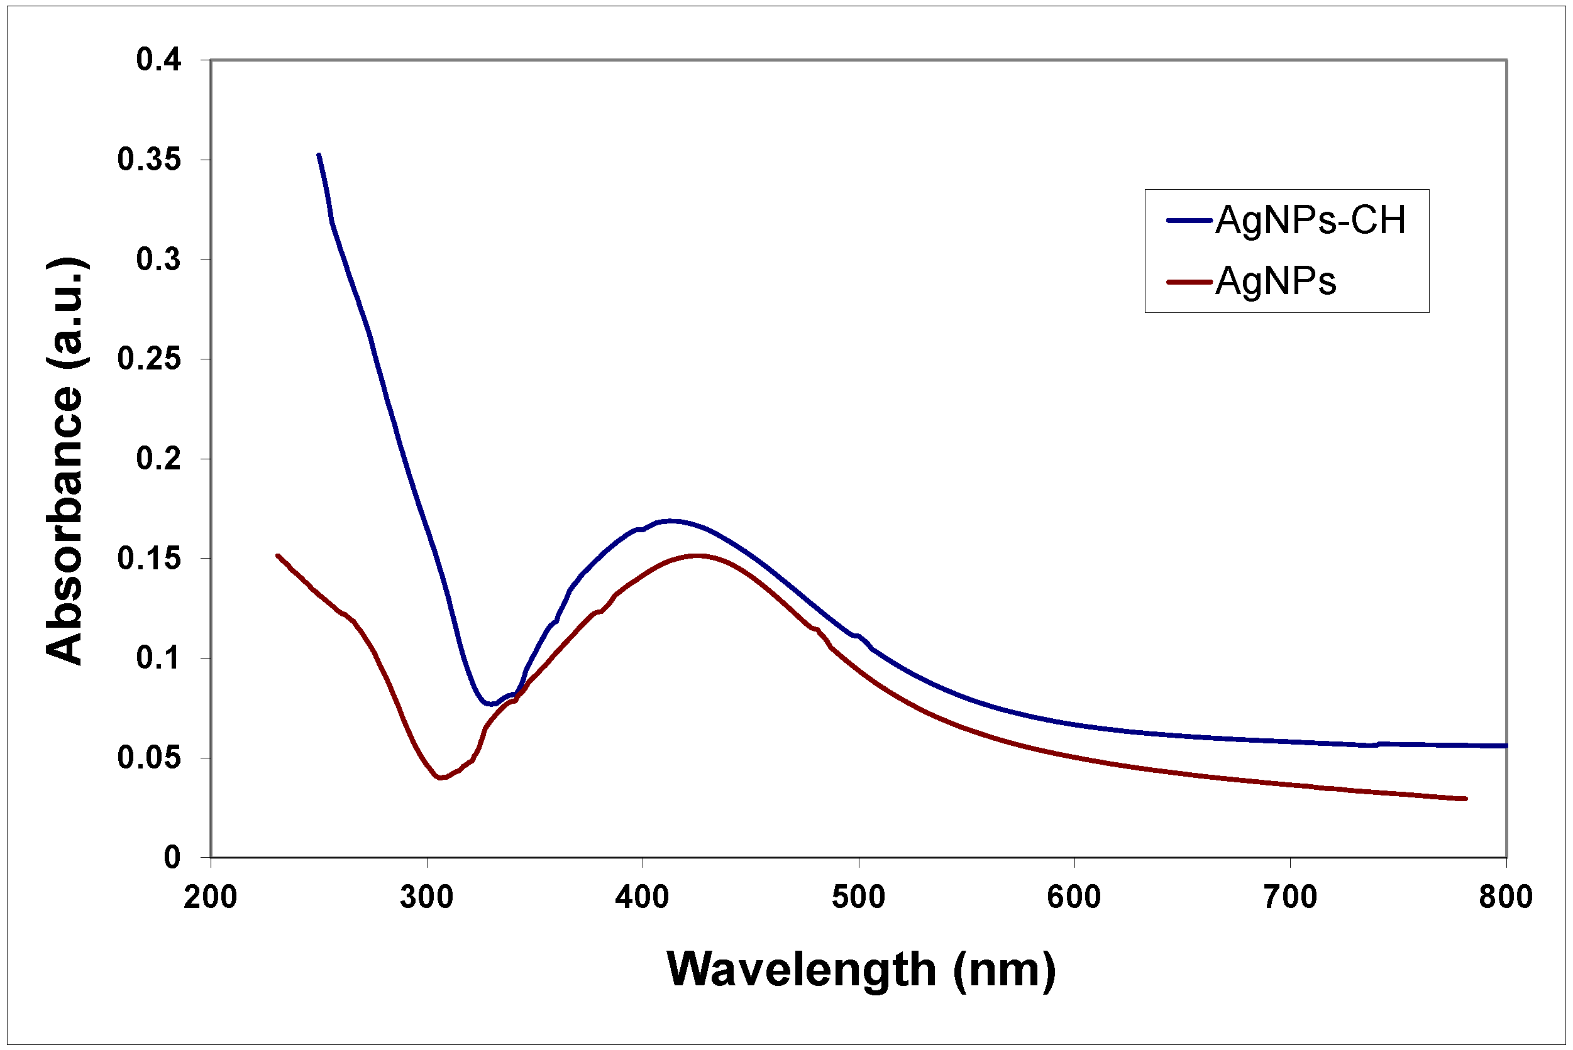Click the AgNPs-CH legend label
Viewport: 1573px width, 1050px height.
[1310, 221]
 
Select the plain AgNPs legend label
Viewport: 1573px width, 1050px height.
[1275, 281]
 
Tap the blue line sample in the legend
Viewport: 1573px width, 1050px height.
[1189, 221]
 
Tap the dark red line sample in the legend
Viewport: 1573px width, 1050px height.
[1189, 282]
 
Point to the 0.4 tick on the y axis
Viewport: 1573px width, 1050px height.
[159, 60]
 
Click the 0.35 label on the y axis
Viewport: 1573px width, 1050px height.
[150, 160]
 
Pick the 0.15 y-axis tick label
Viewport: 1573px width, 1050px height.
[150, 559]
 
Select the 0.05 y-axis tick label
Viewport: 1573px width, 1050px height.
[150, 757]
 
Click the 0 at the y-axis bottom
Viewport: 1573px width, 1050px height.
[172, 857]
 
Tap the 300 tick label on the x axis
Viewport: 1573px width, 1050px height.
[427, 897]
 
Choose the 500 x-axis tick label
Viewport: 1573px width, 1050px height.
[858, 897]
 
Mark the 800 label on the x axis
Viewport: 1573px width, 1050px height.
[1506, 897]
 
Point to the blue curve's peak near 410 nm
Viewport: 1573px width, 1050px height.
[670, 520]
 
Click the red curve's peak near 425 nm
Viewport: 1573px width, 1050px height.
[698, 555]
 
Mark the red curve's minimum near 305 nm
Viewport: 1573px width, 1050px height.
[440, 777]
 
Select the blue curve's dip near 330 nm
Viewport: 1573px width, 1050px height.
[491, 704]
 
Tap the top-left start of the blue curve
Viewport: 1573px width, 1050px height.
[319, 155]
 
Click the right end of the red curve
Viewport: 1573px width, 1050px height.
[1465, 798]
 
